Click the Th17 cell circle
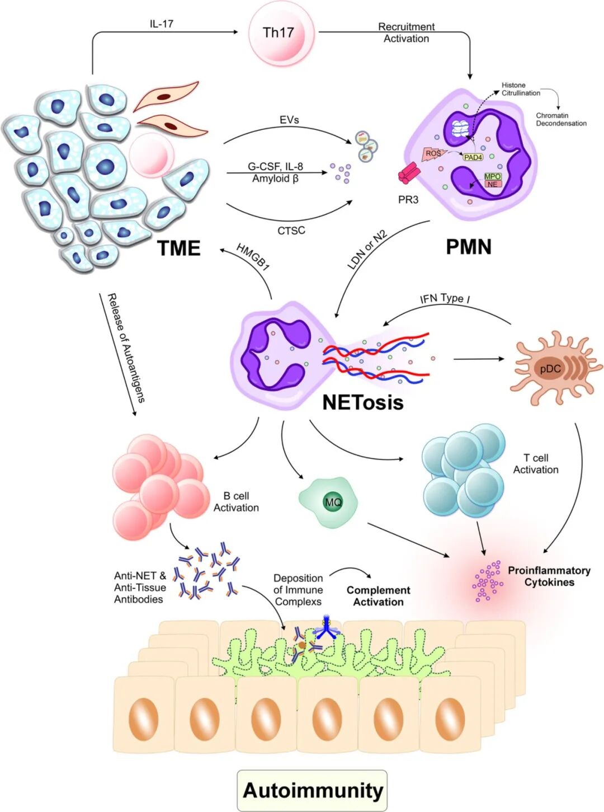point(278,33)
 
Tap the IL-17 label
point(161,24)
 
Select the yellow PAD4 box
point(473,157)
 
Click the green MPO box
point(493,176)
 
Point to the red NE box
point(492,184)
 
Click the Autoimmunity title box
point(312,790)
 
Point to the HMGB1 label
point(253,257)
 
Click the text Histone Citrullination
point(520,89)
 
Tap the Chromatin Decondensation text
point(561,119)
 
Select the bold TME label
point(179,248)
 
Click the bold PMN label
point(469,247)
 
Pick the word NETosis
point(362,402)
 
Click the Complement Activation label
point(378,596)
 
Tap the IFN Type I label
point(445,298)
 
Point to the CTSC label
point(291,231)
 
